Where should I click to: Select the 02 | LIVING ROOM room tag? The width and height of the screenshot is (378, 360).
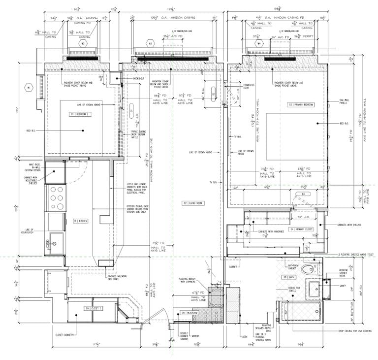(193, 203)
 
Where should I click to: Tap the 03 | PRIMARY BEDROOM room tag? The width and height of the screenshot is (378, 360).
(301, 105)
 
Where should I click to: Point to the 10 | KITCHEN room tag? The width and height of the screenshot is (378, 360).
(81, 221)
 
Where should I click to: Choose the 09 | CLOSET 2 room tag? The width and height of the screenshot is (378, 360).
(94, 308)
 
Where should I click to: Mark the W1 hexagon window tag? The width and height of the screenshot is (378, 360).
(29, 89)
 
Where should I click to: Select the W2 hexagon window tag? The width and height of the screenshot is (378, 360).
(83, 43)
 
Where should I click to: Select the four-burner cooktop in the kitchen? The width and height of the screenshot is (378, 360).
(56, 197)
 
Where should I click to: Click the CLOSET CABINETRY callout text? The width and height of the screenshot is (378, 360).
(64, 335)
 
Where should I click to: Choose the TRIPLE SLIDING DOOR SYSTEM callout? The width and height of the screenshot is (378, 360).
(141, 135)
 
